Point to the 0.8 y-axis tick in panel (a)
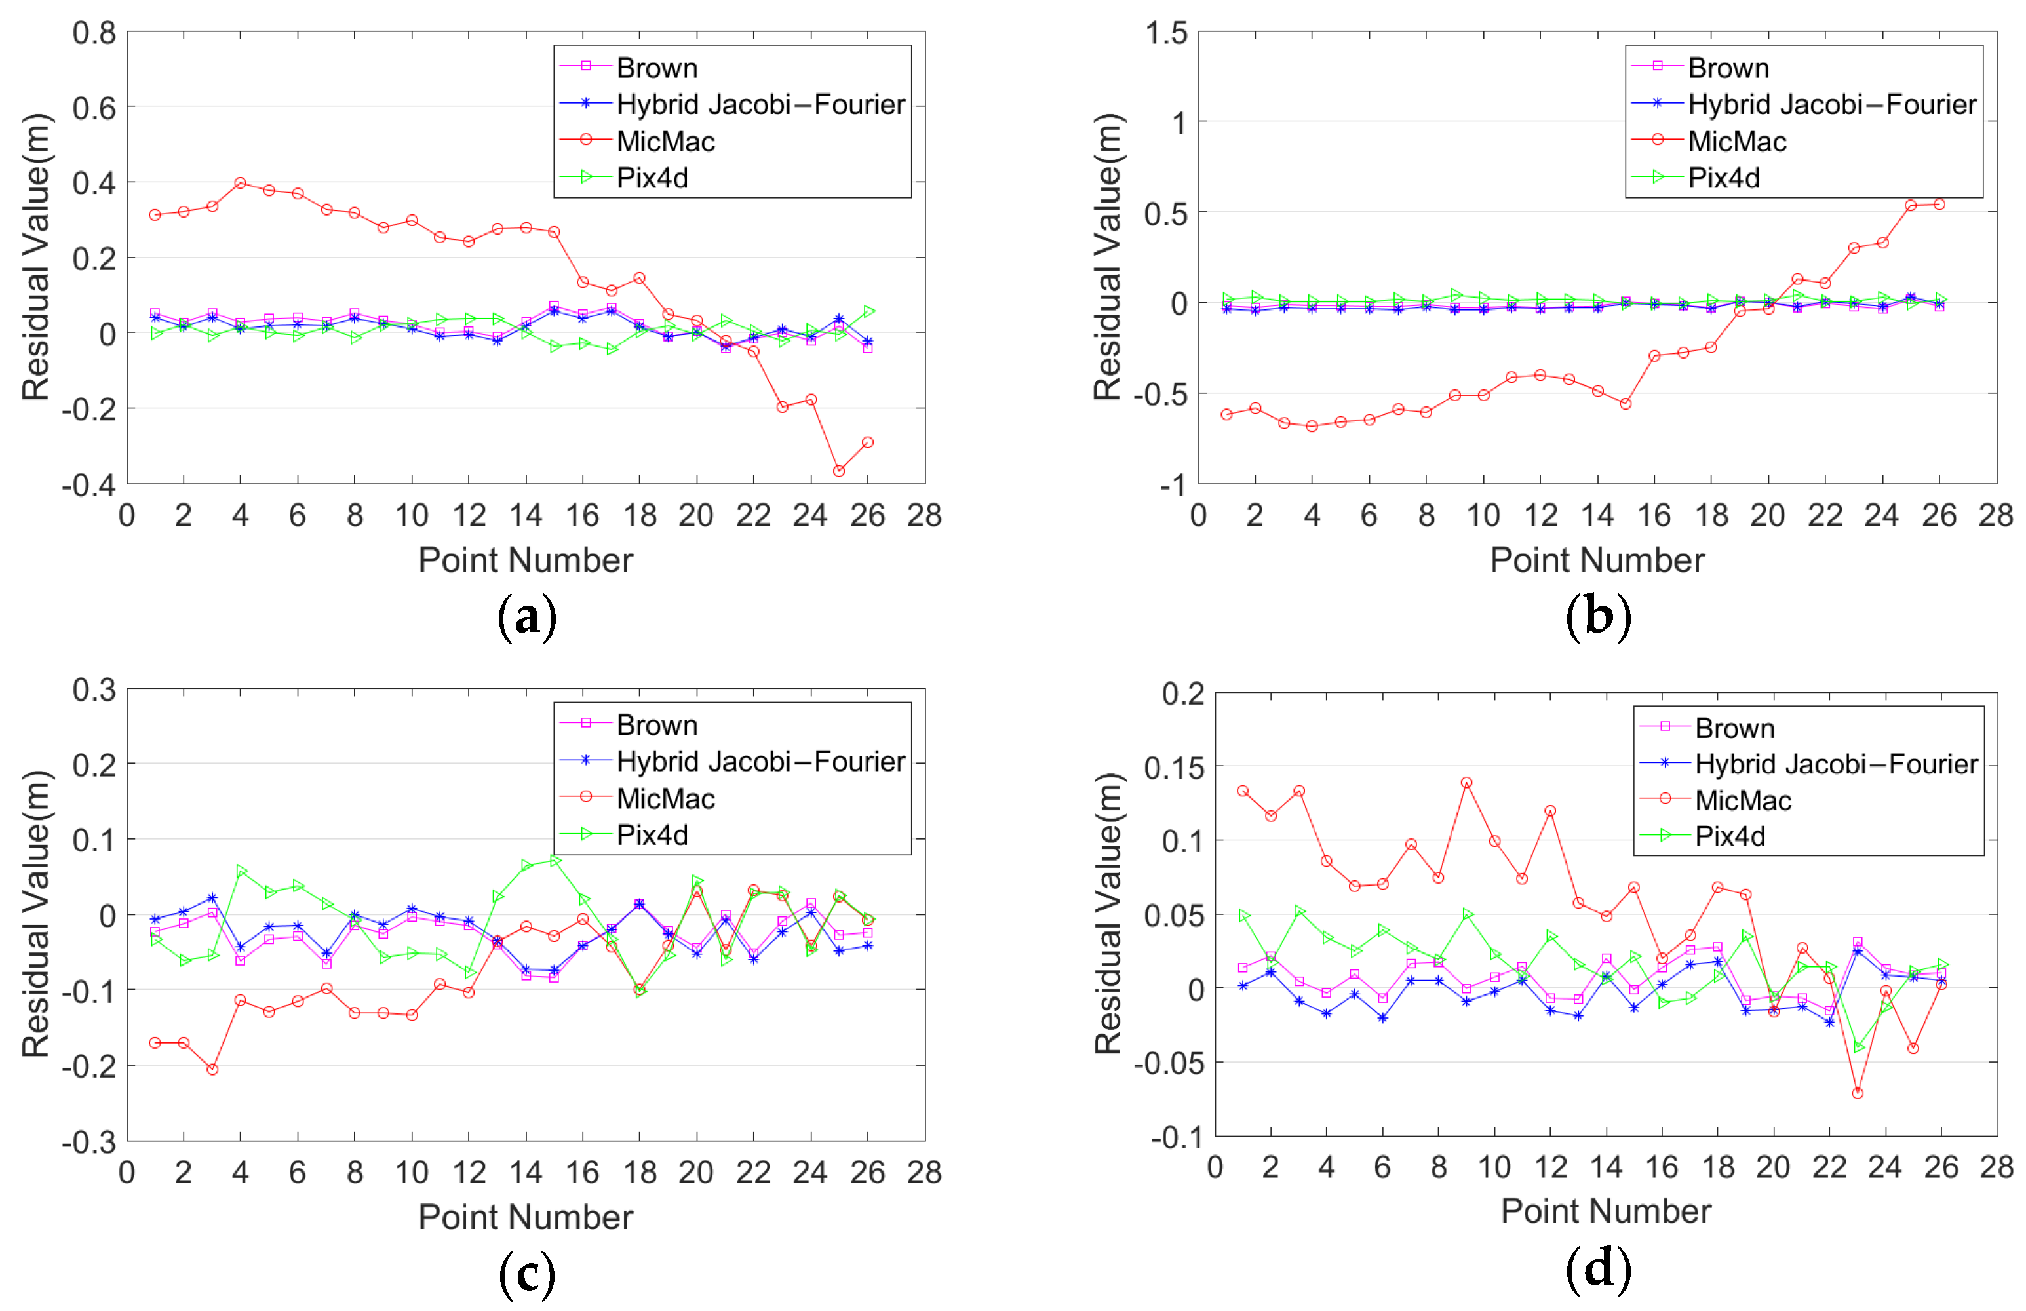[94, 33]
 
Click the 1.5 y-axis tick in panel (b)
[1165, 33]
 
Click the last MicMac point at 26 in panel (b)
[1939, 205]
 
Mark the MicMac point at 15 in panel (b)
[1625, 404]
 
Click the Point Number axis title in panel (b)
[1597, 560]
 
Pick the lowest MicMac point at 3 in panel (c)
[212, 1069]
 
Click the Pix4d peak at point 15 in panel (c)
[555, 861]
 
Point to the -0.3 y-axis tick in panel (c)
[88, 1142]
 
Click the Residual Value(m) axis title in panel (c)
[36, 914]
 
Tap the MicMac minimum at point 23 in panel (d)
[1858, 1093]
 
